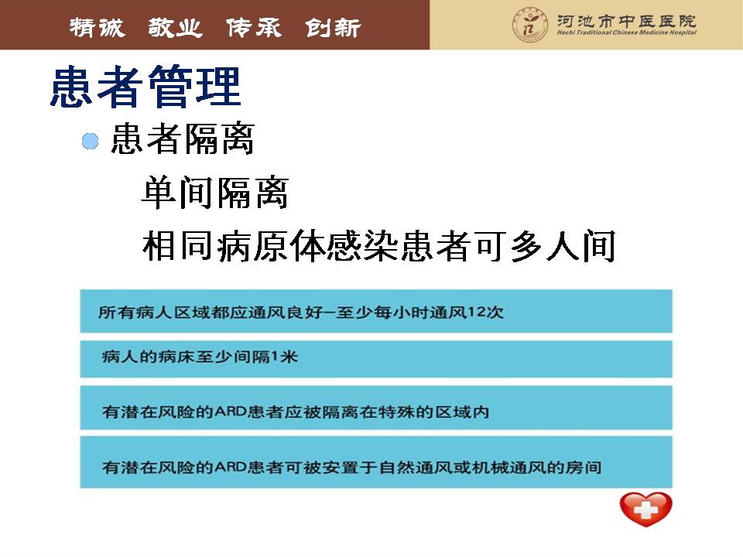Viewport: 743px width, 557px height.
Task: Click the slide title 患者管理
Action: pos(146,87)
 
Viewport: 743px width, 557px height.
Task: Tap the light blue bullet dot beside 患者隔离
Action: pos(90,141)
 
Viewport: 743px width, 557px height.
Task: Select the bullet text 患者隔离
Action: pos(183,138)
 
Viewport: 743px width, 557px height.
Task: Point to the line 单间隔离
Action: pos(215,193)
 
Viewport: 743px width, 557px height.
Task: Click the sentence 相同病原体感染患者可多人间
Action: pos(379,246)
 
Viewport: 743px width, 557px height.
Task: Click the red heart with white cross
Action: pos(645,509)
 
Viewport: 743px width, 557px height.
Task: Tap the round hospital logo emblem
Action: pos(530,25)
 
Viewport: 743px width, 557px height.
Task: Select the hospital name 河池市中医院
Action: pos(626,21)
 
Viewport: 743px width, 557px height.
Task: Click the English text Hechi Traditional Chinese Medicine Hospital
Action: pos(626,32)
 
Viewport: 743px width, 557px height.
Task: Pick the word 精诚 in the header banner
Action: pos(98,28)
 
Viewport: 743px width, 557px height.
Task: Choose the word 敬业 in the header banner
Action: pos(176,28)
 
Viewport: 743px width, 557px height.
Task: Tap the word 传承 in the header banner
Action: pos(254,28)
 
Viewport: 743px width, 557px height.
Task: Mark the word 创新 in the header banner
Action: pos(333,28)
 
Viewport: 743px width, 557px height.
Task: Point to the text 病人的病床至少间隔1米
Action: pos(200,356)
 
